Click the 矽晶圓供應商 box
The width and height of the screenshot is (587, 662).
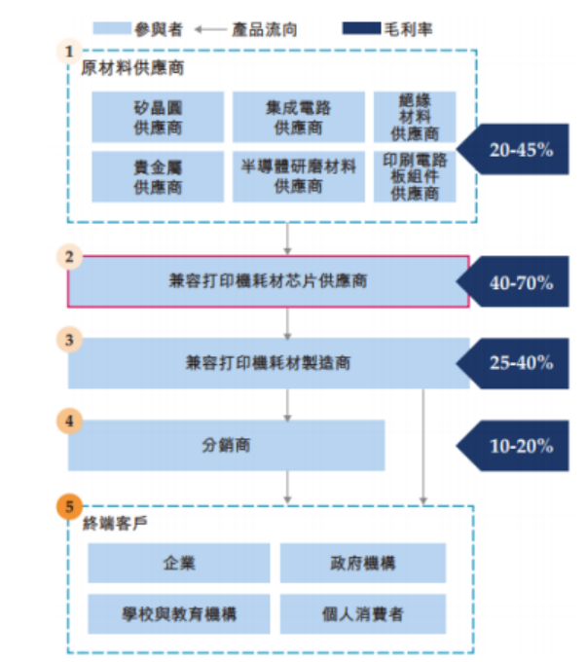pyautogui.click(x=158, y=116)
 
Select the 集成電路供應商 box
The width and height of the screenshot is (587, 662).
pyautogui.click(x=298, y=116)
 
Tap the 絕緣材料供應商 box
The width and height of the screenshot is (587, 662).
pyautogui.click(x=415, y=116)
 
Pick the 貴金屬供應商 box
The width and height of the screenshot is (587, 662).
pyautogui.click(x=158, y=175)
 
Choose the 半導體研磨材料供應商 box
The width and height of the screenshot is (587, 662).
pyautogui.click(x=298, y=175)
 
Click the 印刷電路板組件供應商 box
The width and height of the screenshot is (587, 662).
pyautogui.click(x=415, y=175)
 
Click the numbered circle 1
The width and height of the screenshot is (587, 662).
pyautogui.click(x=69, y=49)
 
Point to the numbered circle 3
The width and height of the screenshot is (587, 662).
pyautogui.click(x=69, y=341)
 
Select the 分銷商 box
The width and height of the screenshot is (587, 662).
pyautogui.click(x=226, y=445)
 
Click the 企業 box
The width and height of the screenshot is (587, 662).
pyautogui.click(x=179, y=563)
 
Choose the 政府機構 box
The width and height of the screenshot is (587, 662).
pyautogui.click(x=362, y=563)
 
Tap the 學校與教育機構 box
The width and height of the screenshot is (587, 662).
pyautogui.click(x=179, y=613)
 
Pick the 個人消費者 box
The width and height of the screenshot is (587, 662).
pyautogui.click(x=362, y=613)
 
